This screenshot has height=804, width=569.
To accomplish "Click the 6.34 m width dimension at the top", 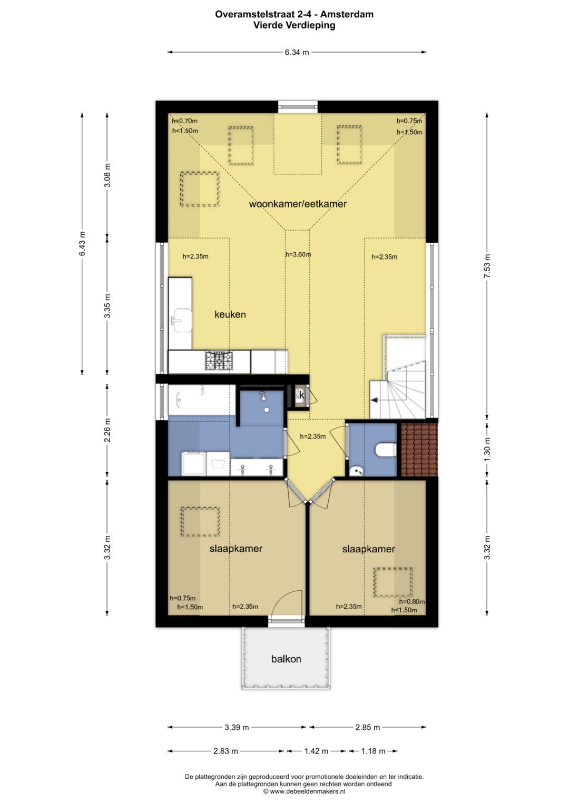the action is pyautogui.click(x=297, y=53).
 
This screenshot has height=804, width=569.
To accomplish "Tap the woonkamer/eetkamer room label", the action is pyautogui.click(x=298, y=204).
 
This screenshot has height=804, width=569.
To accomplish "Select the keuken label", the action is pyautogui.click(x=230, y=314).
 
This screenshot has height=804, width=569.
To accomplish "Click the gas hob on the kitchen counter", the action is pyautogui.click(x=219, y=360).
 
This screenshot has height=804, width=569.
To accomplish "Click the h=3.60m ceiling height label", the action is pyautogui.click(x=298, y=254).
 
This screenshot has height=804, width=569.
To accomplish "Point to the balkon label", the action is pyautogui.click(x=286, y=659).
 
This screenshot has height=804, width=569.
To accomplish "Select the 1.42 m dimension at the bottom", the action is pyautogui.click(x=316, y=751).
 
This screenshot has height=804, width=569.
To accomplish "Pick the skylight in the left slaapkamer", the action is pyautogui.click(x=200, y=522).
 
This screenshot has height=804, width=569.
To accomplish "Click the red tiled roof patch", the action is pyautogui.click(x=419, y=450).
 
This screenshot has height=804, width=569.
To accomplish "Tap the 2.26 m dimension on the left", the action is pyautogui.click(x=107, y=430).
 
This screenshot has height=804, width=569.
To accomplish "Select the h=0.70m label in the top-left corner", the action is pyautogui.click(x=184, y=121).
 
